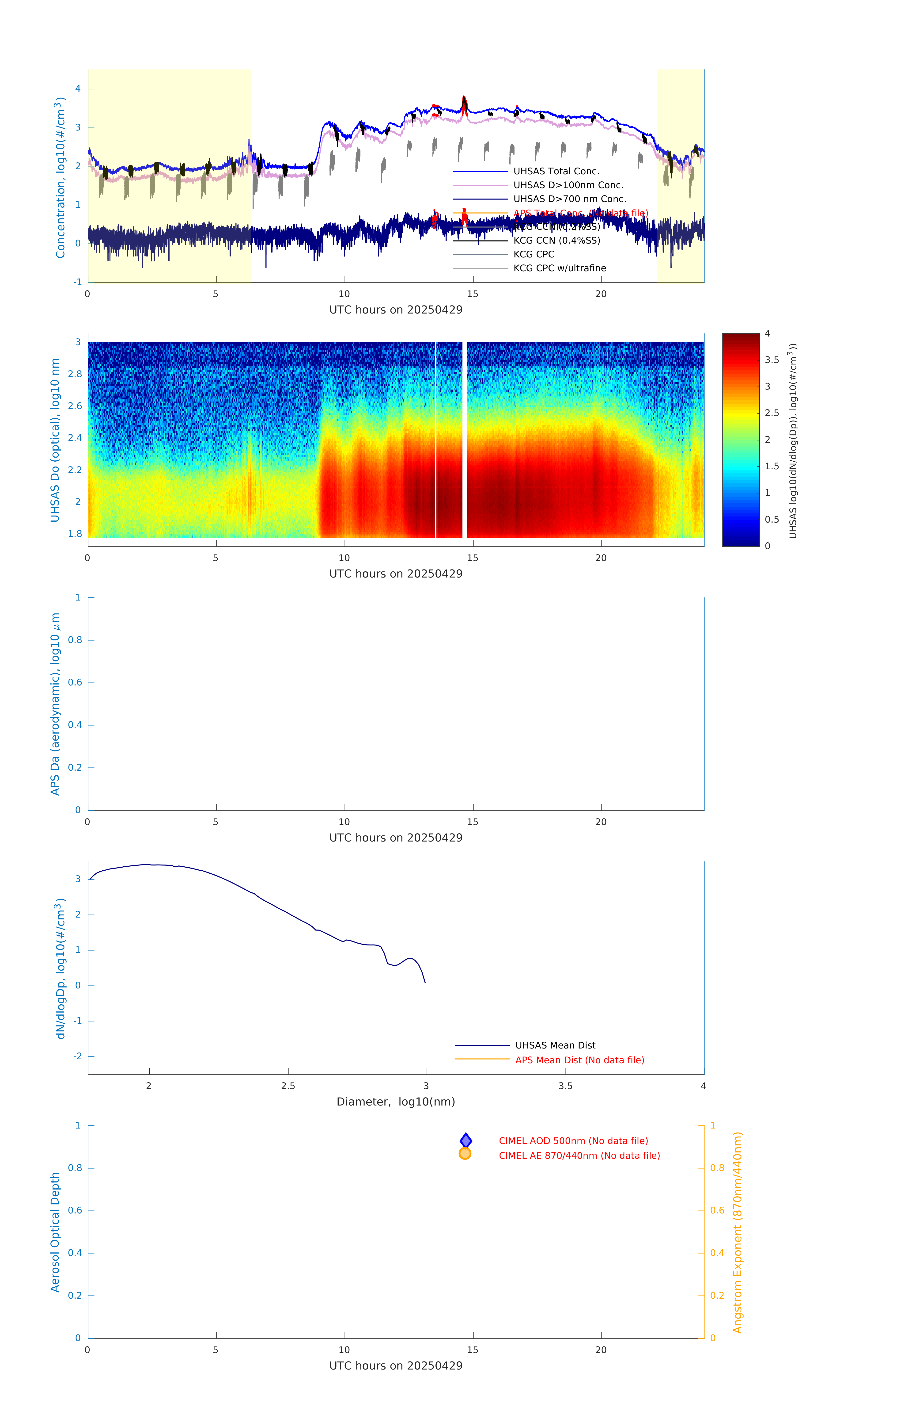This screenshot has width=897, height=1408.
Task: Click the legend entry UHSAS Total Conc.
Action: (556, 171)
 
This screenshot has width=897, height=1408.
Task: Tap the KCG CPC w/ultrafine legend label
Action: (559, 268)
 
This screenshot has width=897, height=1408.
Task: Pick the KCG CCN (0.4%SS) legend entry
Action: (556, 240)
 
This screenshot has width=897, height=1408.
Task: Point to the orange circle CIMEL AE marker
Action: (465, 1154)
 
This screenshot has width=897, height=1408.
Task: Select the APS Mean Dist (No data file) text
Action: (579, 1060)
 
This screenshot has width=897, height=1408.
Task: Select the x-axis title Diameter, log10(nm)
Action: (396, 1102)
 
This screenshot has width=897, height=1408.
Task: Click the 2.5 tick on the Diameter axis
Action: (288, 1086)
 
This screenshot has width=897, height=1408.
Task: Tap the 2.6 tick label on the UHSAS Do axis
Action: (75, 406)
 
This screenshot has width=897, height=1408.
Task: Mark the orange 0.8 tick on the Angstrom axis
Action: (717, 1168)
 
